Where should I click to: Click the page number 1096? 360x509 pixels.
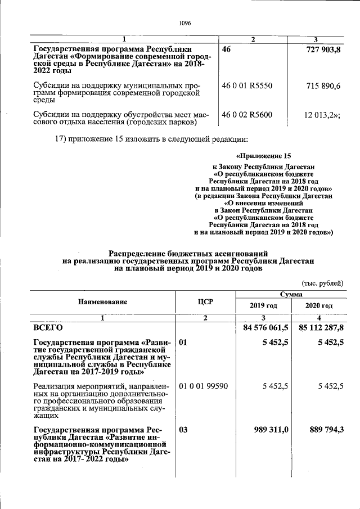pyautogui.click(x=185, y=23)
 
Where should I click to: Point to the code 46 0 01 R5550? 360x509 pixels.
pyautogui.click(x=247, y=85)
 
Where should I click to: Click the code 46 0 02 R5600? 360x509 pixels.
pyautogui.click(x=247, y=115)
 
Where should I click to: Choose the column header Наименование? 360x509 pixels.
pyautogui.click(x=102, y=301)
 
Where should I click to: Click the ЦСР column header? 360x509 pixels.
pyautogui.click(x=205, y=301)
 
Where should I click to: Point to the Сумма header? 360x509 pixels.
pyautogui.click(x=290, y=294)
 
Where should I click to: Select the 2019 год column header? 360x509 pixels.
pyautogui.click(x=263, y=305)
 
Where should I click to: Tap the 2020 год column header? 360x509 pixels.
pyautogui.click(x=319, y=305)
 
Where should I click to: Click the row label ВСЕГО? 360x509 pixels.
pyautogui.click(x=48, y=327)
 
